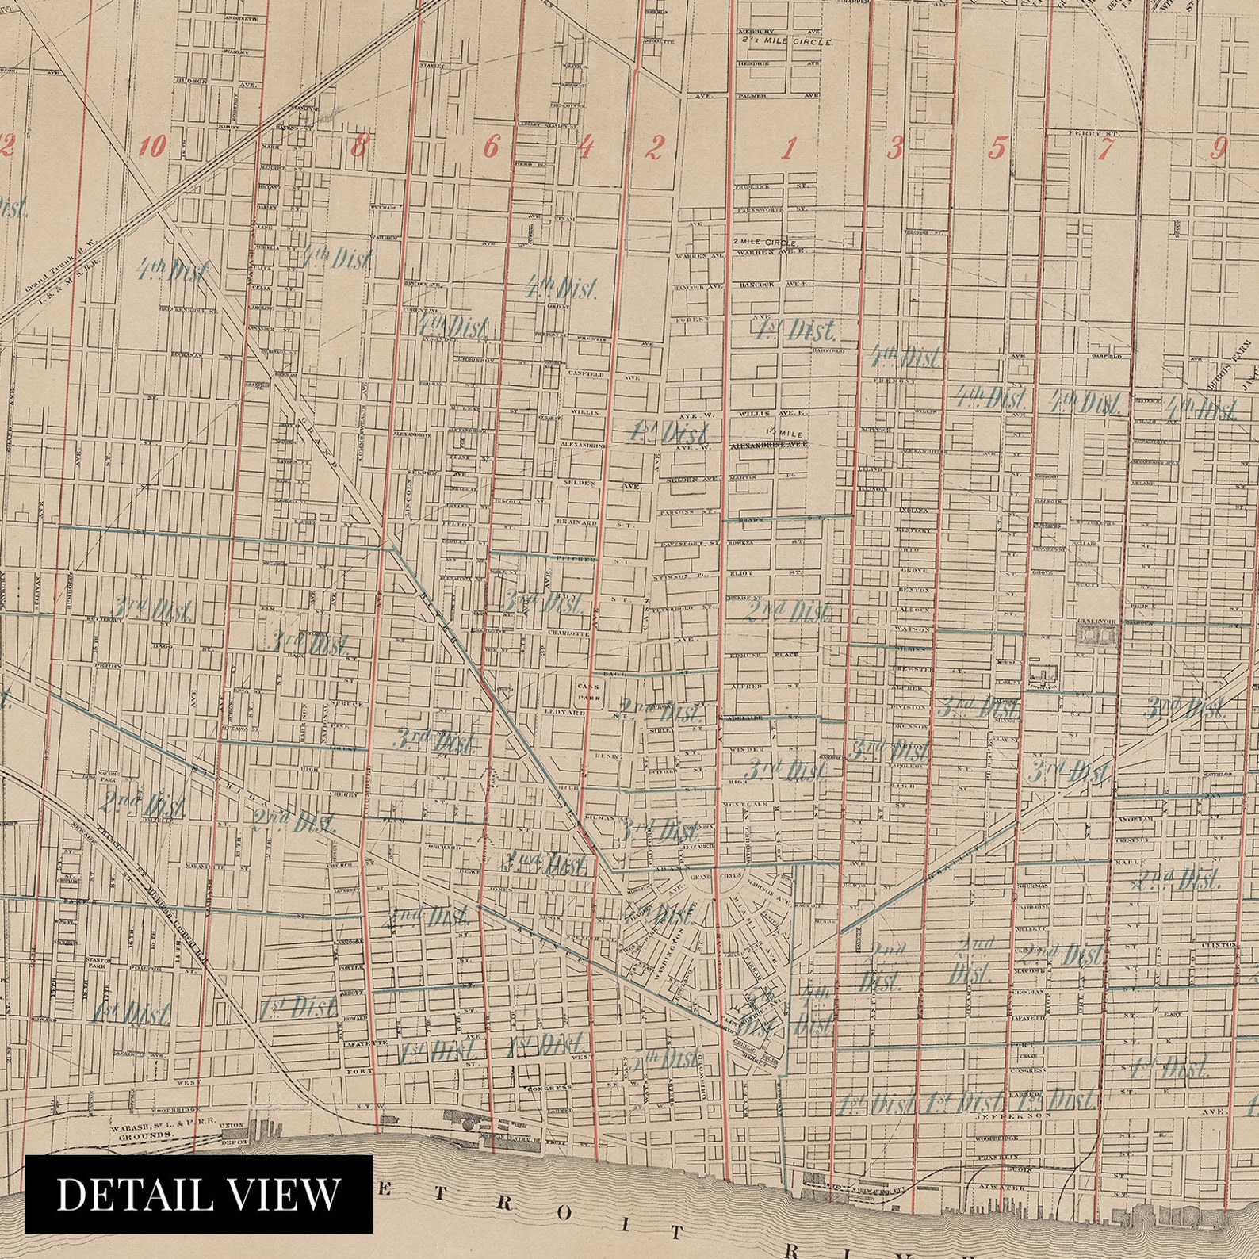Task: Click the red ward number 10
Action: click(153, 147)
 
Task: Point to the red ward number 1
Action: click(790, 147)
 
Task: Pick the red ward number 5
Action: click(997, 147)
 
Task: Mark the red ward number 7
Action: click(1107, 147)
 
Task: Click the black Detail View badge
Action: click(199, 1194)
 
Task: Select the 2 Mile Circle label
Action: click(764, 241)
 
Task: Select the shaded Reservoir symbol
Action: click(1096, 634)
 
